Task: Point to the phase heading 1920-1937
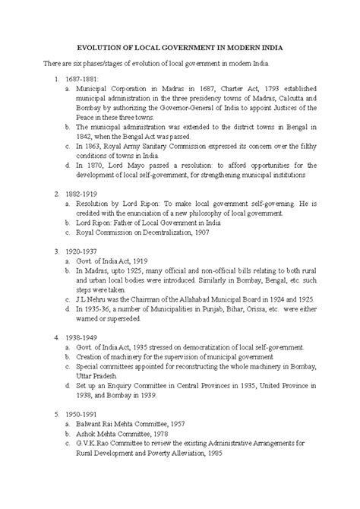[x=83, y=250]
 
